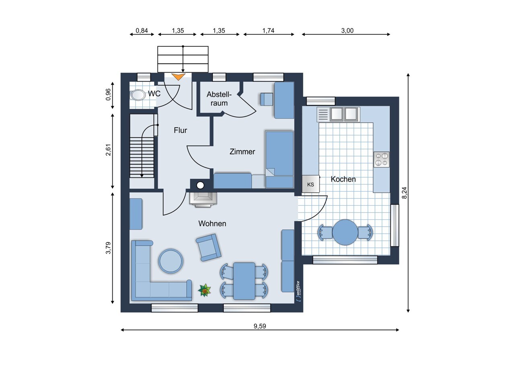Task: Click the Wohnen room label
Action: (212, 223)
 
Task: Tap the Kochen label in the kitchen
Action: (343, 179)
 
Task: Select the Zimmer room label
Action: (242, 152)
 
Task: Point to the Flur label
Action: (180, 130)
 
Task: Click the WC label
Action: (154, 94)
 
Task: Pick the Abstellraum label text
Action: (219, 99)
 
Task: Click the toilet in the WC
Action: (137, 95)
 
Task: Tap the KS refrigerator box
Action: (311, 184)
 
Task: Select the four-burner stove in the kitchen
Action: (381, 159)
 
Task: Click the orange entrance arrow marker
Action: (178, 76)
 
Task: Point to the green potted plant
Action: (204, 290)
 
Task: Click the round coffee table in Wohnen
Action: (171, 261)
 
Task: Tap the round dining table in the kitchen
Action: (345, 232)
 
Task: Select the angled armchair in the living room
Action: (208, 247)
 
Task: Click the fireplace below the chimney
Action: (203, 200)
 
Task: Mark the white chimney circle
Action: (200, 186)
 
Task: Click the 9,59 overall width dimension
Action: (260, 326)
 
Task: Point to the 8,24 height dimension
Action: (404, 193)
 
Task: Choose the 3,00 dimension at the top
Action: (347, 31)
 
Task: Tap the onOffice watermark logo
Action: (298, 291)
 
